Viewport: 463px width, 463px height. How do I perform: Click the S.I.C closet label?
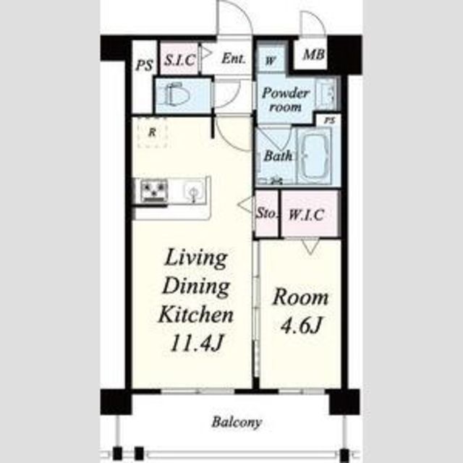(x=179, y=60)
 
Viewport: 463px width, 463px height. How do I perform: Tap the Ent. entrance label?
(x=233, y=58)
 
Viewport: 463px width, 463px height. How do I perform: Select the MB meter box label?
(x=314, y=54)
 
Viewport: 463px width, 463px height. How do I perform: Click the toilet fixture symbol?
(x=177, y=95)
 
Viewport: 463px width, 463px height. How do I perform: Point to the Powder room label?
(x=285, y=100)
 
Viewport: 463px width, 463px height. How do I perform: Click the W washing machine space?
(x=270, y=61)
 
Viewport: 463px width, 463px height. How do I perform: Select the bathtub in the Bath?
(x=314, y=156)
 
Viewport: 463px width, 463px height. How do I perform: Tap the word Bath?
(x=278, y=156)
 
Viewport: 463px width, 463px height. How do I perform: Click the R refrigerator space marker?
(x=152, y=132)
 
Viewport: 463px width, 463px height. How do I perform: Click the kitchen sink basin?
(x=193, y=190)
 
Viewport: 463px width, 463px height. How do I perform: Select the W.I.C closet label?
(x=307, y=215)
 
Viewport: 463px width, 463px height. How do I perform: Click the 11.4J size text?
(x=196, y=343)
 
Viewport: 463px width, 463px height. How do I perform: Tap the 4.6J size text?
(x=300, y=326)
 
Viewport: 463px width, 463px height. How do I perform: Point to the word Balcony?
(x=237, y=422)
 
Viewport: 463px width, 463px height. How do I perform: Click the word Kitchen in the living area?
(x=196, y=315)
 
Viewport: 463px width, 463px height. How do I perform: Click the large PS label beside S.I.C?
(x=145, y=65)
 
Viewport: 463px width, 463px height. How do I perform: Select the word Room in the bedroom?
(x=301, y=297)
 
